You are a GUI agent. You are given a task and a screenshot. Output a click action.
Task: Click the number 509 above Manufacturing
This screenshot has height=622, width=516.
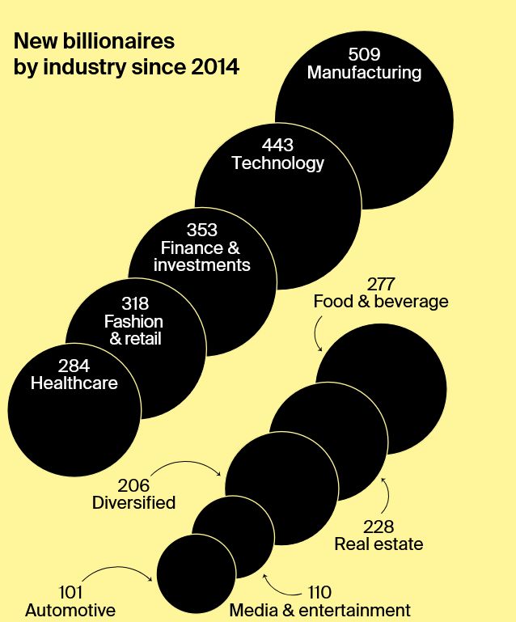click(x=363, y=55)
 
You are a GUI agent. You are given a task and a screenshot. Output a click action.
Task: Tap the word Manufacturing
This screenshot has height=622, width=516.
click(x=364, y=73)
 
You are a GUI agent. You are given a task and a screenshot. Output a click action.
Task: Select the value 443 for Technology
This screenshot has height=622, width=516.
click(x=277, y=146)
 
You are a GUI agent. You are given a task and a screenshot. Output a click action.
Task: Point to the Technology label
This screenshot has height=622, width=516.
click(x=277, y=163)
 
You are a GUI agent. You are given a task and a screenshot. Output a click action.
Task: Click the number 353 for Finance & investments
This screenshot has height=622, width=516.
click(x=201, y=231)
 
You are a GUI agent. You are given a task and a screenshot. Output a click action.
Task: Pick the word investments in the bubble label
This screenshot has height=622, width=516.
click(x=201, y=265)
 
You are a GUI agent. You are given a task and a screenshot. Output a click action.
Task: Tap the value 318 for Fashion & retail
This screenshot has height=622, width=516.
click(x=134, y=304)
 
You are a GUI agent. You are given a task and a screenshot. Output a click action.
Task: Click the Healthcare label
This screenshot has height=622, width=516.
click(x=74, y=383)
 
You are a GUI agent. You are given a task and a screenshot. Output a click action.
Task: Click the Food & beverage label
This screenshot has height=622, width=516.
click(x=380, y=302)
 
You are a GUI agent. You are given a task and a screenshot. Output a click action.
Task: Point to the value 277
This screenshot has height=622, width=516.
click(x=380, y=285)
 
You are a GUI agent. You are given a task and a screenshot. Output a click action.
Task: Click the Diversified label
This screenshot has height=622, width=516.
click(x=133, y=502)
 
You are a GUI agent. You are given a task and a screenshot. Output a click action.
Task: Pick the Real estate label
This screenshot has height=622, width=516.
click(x=379, y=544)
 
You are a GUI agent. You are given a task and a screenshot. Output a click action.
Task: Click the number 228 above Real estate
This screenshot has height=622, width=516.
click(x=379, y=527)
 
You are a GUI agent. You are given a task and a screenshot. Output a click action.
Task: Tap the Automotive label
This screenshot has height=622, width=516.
click(x=70, y=610)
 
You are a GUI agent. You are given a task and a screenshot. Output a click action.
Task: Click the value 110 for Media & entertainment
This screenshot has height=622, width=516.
click(x=319, y=593)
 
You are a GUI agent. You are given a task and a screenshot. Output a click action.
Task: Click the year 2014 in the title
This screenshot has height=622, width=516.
click(x=215, y=67)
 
